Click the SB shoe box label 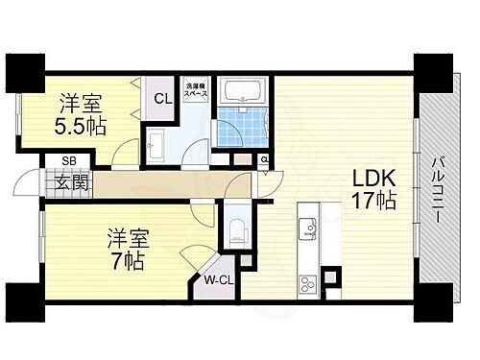click(69, 161)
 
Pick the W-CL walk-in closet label click(217, 280)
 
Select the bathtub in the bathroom click(243, 92)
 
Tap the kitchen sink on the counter click(306, 228)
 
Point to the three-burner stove click(307, 283)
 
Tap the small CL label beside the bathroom click(264, 159)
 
